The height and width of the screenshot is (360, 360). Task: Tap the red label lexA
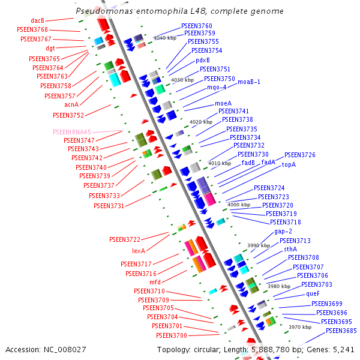[139, 251]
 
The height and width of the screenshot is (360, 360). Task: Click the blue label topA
[289, 164]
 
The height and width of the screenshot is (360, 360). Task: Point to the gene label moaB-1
[249, 82]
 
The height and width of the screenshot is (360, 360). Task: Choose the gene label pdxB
[202, 60]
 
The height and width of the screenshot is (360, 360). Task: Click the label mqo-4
[217, 87]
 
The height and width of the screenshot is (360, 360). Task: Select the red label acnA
[71, 104]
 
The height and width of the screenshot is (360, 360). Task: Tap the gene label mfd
[154, 281]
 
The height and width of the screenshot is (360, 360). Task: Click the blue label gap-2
[283, 231]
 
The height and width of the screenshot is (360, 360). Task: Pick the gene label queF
[313, 294]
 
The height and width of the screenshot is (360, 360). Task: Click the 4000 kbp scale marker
[237, 205]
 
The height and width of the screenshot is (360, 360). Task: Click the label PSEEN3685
[341, 331]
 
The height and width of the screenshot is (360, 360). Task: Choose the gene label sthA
[290, 248]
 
